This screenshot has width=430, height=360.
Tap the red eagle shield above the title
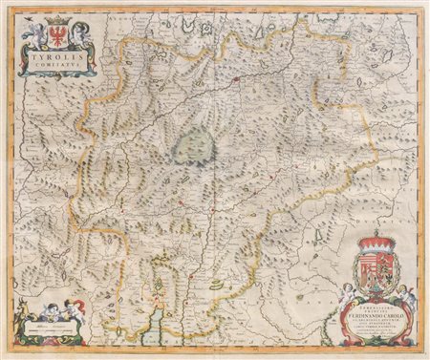coord(53,34)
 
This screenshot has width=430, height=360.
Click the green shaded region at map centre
coord(195,145)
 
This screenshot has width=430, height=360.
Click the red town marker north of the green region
coord(236,80)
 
